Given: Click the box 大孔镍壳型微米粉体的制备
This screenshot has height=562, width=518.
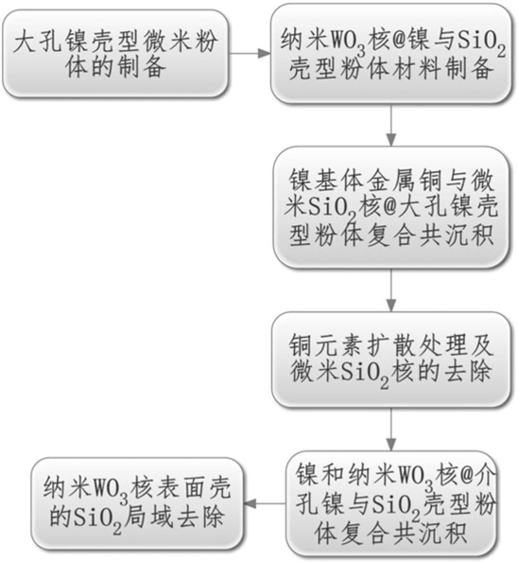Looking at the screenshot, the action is click(x=115, y=53).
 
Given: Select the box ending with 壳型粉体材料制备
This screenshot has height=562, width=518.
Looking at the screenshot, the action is click(x=391, y=53).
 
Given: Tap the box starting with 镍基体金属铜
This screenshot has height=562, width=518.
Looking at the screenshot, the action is click(x=391, y=207).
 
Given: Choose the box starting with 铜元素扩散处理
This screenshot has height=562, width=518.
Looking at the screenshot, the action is click(x=391, y=360).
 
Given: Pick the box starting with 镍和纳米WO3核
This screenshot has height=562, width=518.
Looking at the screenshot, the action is click(x=392, y=503).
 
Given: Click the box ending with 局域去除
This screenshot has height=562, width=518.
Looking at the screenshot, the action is click(x=137, y=503).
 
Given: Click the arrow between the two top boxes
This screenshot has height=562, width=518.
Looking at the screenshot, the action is click(x=250, y=53).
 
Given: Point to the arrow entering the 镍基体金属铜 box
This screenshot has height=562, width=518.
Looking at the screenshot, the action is click(x=391, y=125).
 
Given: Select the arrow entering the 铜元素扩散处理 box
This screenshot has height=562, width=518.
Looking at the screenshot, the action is click(x=391, y=290).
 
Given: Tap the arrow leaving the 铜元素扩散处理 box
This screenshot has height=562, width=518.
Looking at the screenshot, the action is click(x=391, y=429).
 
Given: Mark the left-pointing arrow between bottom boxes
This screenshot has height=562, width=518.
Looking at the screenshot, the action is click(x=265, y=503).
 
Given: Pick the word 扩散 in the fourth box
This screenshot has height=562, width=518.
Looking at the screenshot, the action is click(x=390, y=345).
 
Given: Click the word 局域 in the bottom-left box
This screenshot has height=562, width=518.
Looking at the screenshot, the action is click(x=149, y=517).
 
